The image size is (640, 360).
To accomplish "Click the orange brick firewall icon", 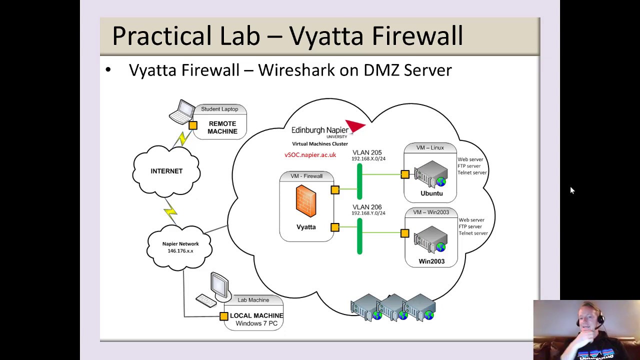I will tap(306, 201).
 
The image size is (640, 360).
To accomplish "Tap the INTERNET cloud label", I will tap(166, 171).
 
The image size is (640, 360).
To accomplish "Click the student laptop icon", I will tap(182, 112).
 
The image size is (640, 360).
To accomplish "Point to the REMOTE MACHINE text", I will tap(222, 127).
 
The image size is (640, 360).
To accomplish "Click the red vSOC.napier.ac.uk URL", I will tap(310, 155).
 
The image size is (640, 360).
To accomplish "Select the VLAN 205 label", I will tap(367, 152).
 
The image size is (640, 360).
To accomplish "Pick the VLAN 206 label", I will tap(367, 207).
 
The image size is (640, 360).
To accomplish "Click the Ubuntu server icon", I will tap(430, 174).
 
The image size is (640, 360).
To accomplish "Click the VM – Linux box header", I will tap(430, 147).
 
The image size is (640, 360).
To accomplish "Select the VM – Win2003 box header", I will tap(430, 212).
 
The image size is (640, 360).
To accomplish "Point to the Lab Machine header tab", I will tap(253, 300).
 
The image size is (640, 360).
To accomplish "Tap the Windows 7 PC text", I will tap(256, 323).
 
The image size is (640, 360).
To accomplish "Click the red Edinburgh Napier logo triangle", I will tap(355, 126).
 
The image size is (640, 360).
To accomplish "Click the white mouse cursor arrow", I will tap(572, 190).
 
